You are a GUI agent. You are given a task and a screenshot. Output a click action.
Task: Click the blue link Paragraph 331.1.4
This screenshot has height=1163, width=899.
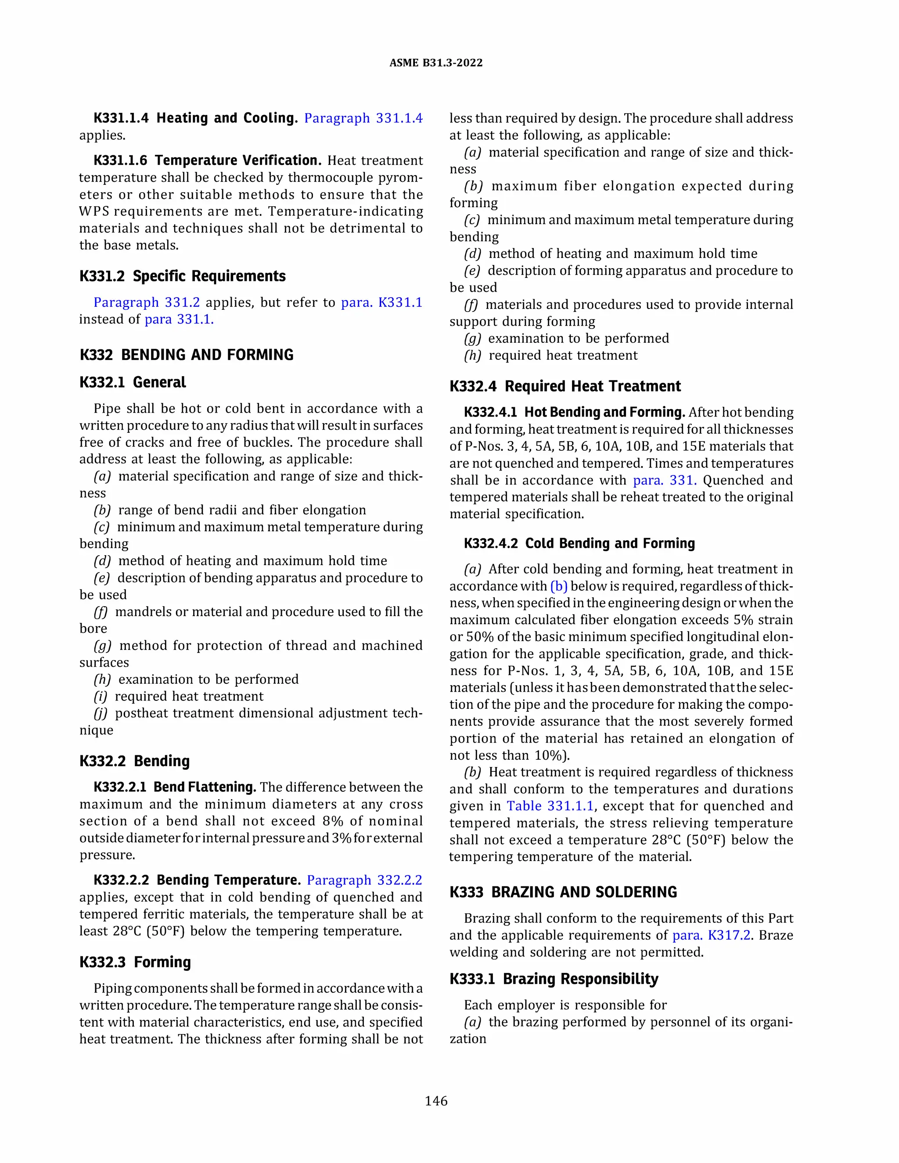coord(363,118)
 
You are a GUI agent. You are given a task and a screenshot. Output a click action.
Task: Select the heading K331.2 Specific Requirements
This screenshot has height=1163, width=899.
coord(182,276)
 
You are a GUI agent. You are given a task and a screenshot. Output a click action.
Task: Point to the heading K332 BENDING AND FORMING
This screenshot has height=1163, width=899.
coord(187,355)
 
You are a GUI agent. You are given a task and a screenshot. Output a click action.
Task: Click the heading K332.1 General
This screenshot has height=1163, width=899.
coord(133,382)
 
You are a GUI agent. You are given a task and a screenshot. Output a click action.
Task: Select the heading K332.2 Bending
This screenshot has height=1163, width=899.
coord(134,761)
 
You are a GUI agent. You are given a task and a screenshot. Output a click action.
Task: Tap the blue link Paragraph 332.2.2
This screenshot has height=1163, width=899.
coord(364,880)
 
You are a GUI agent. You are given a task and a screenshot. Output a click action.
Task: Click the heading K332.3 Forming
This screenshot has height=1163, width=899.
coord(135,962)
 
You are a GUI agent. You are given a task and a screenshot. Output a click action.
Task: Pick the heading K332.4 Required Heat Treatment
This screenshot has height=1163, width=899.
coord(565,386)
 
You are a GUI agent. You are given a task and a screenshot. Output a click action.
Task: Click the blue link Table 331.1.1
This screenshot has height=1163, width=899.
coord(550,806)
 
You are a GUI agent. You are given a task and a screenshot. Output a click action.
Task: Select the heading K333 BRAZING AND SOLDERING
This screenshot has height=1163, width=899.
coord(563,892)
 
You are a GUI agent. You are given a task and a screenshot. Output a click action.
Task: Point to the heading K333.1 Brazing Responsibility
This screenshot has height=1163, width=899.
coord(554,979)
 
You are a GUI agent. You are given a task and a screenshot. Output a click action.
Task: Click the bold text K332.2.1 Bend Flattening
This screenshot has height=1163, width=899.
coord(175,787)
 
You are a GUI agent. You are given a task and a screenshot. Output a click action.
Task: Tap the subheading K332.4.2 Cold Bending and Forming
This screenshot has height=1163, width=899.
coord(579,543)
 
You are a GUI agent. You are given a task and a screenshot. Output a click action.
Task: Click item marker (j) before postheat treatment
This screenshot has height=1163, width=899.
coord(101,713)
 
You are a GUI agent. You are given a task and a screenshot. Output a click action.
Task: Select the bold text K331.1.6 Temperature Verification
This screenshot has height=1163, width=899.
coord(208,160)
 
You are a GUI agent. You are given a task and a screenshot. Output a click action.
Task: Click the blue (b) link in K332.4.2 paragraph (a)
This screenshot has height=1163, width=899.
coord(559,586)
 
